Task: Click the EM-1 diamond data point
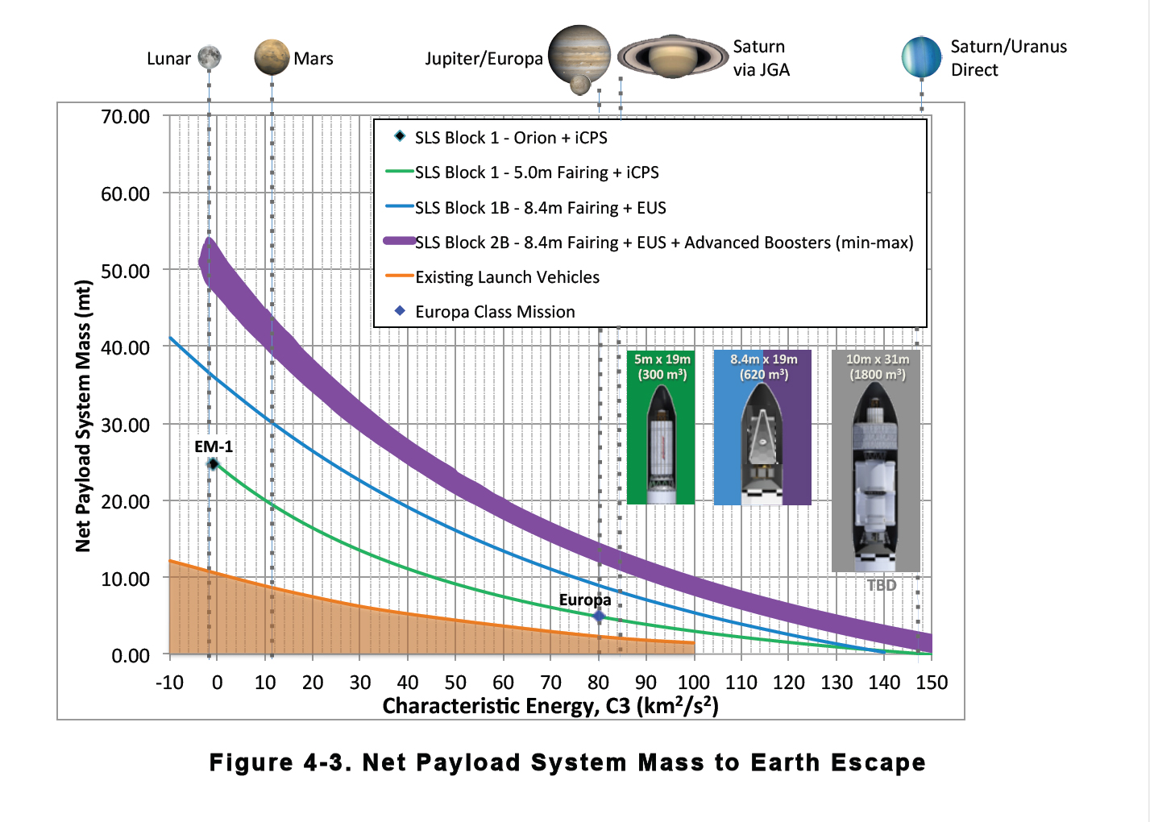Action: click(x=214, y=463)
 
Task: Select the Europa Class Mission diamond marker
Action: click(x=599, y=616)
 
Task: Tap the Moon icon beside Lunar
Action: click(x=210, y=57)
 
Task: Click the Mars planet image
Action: click(x=272, y=57)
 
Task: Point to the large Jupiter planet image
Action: click(x=579, y=54)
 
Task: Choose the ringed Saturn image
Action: click(x=673, y=56)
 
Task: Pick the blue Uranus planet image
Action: click(x=922, y=57)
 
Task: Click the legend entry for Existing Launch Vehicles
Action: click(x=507, y=277)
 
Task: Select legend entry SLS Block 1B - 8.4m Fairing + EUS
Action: click(x=540, y=208)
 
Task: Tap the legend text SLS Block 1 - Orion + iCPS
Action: click(x=511, y=138)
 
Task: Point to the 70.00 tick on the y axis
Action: click(x=125, y=117)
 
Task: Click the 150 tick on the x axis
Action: click(x=932, y=683)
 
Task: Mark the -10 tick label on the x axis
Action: click(x=169, y=683)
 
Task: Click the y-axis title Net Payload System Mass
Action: click(x=83, y=415)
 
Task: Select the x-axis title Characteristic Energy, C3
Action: click(x=550, y=706)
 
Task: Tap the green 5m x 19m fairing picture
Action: click(x=661, y=427)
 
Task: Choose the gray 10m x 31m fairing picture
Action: click(x=876, y=461)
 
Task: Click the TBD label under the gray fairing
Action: click(x=882, y=585)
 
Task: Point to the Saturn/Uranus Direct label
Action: click(x=1008, y=58)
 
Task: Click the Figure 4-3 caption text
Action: click(x=567, y=762)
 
